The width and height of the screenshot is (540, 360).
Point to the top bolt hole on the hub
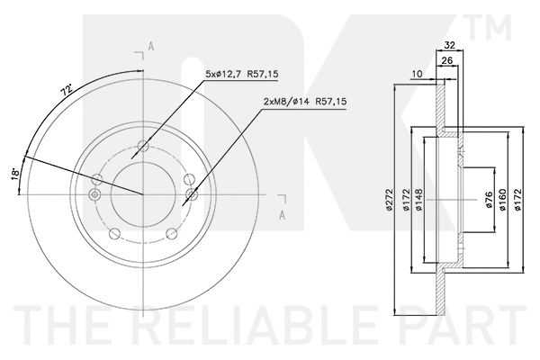143,146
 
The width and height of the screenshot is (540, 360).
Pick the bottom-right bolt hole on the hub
172,235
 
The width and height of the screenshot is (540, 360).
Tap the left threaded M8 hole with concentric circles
95,193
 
